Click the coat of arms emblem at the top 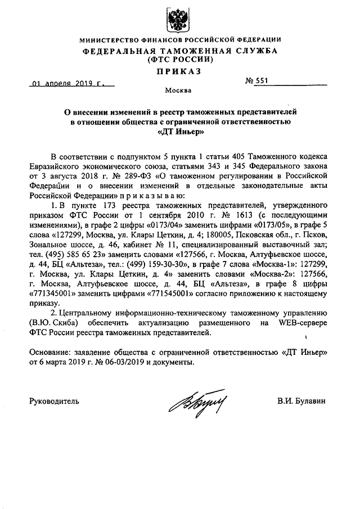[x=178, y=19]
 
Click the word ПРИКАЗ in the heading [x=179, y=71]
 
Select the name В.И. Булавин [x=301, y=401]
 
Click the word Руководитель [x=55, y=401]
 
